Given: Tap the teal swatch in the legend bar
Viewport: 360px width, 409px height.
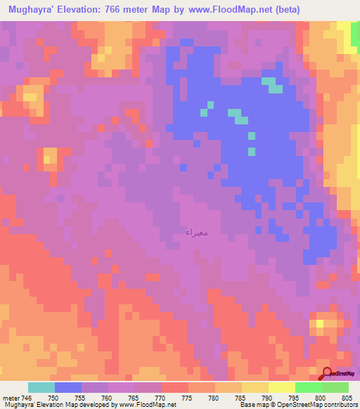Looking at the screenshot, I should pyautogui.click(x=41, y=387).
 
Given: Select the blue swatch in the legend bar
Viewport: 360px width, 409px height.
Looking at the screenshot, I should pyautogui.click(x=68, y=387).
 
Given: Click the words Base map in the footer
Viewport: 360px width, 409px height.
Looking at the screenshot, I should pyautogui.click(x=251, y=405).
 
